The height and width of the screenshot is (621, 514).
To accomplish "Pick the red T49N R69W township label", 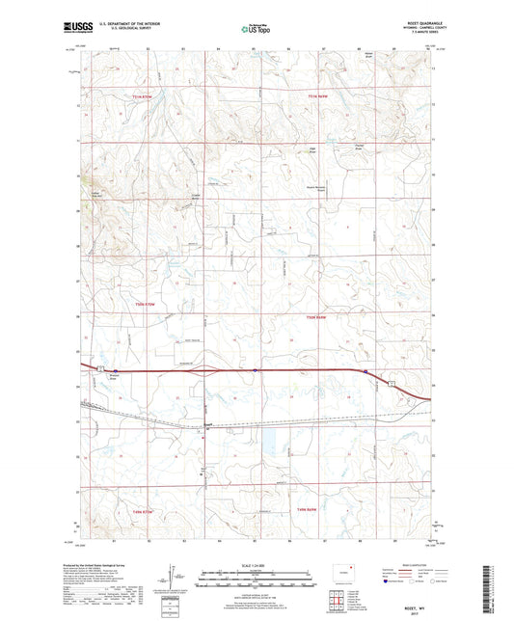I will coord(307,508).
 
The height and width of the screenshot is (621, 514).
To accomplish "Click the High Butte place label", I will coord(285,148).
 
